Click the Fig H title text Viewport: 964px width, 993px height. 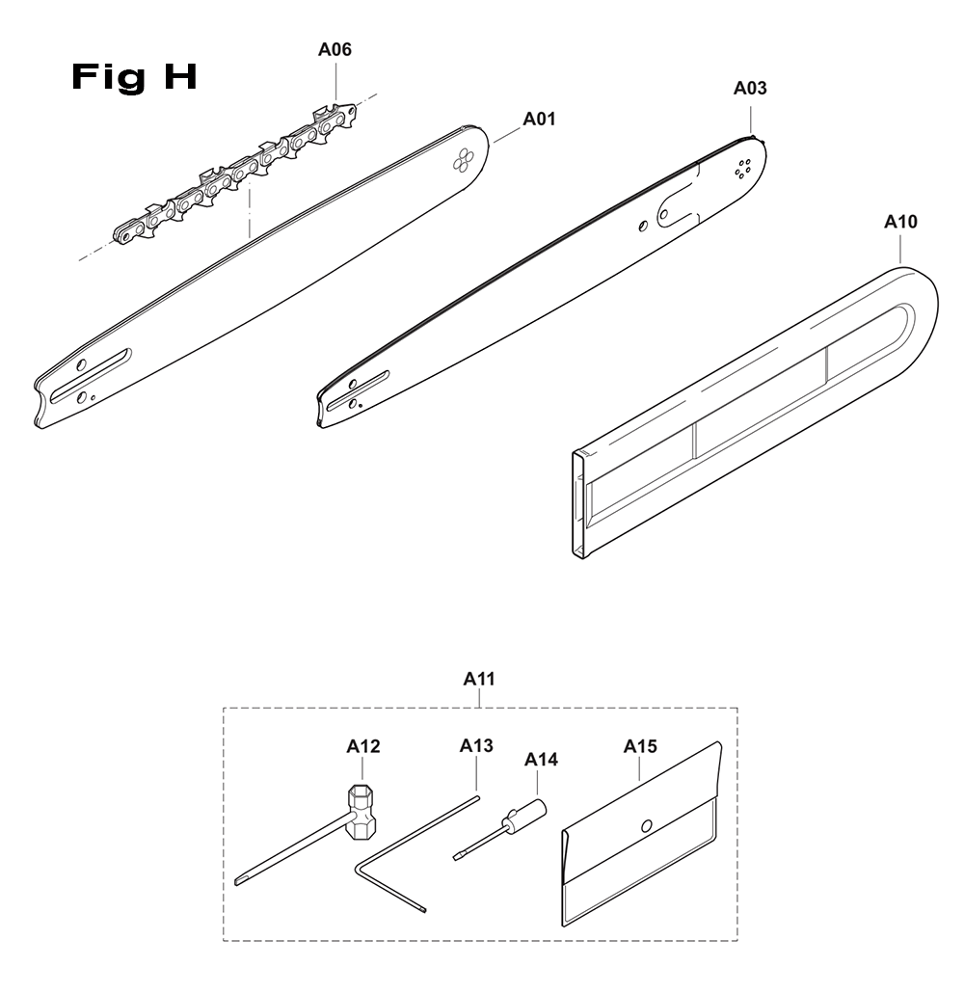pos(134,77)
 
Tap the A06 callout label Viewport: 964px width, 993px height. pos(335,49)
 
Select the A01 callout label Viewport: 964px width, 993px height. pos(539,119)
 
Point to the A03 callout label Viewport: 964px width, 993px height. pos(750,88)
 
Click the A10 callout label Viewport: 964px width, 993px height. pos(900,222)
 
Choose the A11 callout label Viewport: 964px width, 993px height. pos(479,679)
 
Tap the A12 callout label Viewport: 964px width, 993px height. pos(363,746)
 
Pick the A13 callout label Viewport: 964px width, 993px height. pos(476,745)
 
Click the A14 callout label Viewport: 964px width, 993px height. pos(541,760)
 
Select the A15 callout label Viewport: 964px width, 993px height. pos(640,746)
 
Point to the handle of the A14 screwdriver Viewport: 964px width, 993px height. pos(525,815)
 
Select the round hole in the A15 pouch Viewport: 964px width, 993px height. pos(647,826)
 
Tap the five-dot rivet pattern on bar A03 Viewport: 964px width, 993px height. pos(743,169)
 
